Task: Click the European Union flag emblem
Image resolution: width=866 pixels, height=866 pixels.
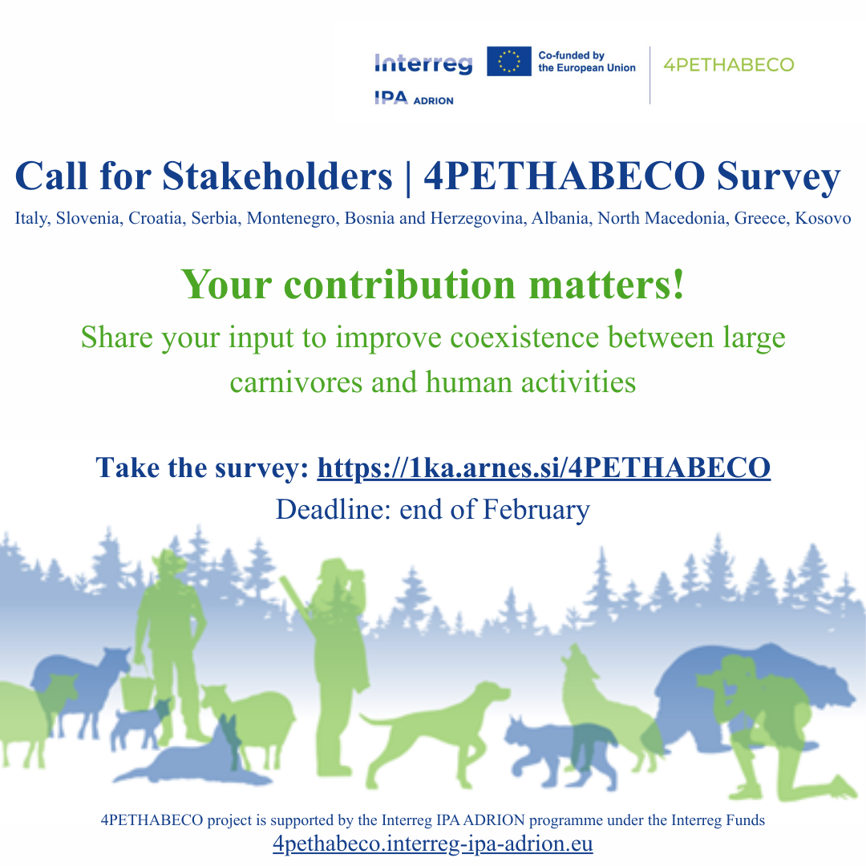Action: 509,61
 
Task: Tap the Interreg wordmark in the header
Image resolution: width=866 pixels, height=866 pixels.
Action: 423,63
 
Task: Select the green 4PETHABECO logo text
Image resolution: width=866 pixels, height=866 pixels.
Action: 728,64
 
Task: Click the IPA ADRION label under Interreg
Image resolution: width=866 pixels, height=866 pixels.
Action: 414,99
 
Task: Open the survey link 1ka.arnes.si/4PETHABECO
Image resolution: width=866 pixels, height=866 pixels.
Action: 544,467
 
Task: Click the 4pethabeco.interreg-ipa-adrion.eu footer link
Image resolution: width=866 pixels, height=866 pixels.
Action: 432,844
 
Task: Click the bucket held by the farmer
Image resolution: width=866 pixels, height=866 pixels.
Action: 138,691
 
